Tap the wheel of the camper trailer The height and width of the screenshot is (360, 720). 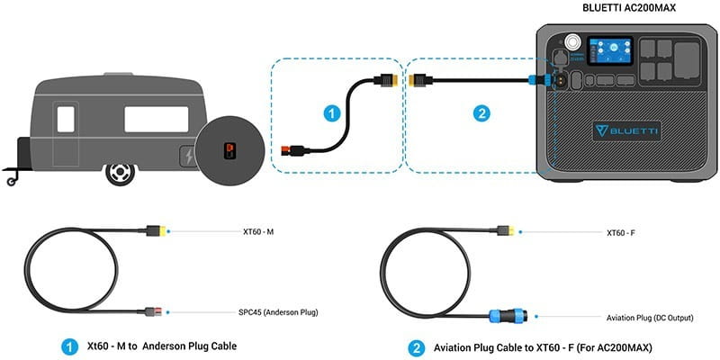pyautogui.click(x=119, y=172)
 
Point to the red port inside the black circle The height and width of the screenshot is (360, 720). pyautogui.click(x=229, y=148)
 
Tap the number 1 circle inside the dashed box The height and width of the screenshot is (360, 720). pyautogui.click(x=331, y=114)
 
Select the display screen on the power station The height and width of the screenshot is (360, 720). pyautogui.click(x=607, y=51)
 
